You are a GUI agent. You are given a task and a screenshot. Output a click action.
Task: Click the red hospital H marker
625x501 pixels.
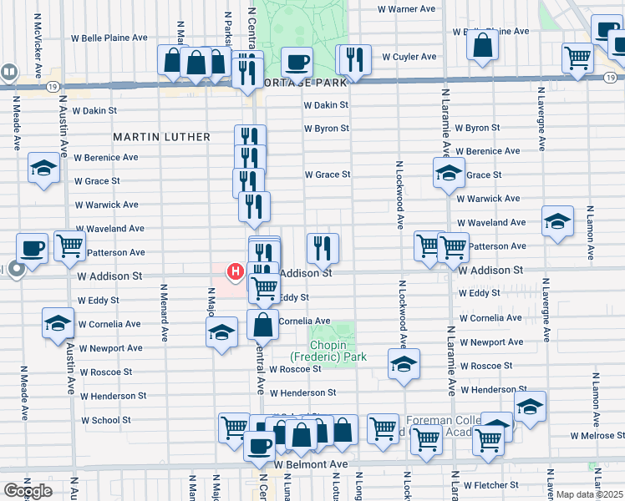pos(236,272)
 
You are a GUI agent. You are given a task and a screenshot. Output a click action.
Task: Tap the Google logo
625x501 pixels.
pos(28,490)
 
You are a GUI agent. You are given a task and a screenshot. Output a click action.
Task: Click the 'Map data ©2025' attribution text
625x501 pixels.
pos(589,494)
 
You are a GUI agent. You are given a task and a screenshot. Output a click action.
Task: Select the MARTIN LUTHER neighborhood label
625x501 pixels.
pos(156,136)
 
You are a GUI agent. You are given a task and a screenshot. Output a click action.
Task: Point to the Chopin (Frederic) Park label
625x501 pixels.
pos(333,351)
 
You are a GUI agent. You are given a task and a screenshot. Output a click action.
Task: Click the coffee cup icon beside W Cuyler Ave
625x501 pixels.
pos(296,60)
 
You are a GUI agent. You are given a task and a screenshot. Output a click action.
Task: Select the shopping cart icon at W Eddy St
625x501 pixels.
pos(264,288)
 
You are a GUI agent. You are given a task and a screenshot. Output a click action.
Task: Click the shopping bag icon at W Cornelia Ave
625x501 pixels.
pos(262,323)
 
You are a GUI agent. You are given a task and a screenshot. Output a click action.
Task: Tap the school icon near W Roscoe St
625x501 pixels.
pos(404,364)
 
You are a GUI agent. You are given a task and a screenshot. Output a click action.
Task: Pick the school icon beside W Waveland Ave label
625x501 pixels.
pos(557,221)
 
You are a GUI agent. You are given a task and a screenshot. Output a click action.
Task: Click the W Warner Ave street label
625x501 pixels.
pos(407,9)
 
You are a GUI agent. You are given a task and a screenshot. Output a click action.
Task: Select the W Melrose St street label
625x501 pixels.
pos(597,435)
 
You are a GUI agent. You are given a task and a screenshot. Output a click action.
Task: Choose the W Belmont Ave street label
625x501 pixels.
pos(310,463)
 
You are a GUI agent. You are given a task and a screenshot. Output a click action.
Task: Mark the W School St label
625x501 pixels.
pos(104,420)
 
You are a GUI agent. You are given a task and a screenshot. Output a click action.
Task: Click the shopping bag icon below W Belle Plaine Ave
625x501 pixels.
pos(484,46)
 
